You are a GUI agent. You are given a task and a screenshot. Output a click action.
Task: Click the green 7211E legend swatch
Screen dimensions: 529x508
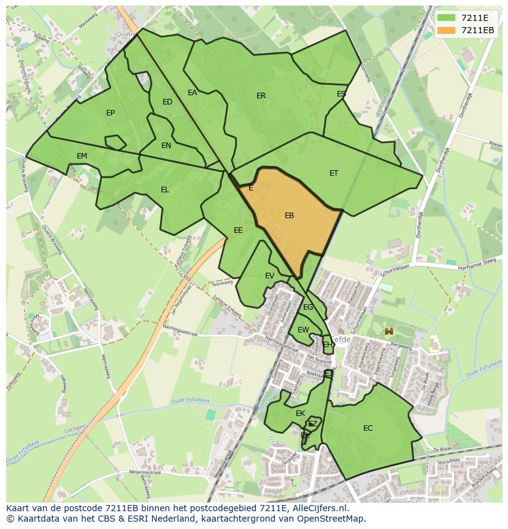[446, 18]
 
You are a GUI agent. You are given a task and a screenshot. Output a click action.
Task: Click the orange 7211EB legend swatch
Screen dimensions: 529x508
[446, 30]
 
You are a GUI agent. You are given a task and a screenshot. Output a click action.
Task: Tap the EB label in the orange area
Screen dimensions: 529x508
[290, 216]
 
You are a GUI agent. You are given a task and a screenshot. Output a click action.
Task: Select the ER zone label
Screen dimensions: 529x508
[261, 96]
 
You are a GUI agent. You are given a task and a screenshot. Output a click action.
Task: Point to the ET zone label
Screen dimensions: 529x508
[334, 173]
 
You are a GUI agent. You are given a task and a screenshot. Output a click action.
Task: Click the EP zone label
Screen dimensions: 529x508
[110, 113]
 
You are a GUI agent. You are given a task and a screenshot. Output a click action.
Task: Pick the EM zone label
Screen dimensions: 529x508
[82, 156]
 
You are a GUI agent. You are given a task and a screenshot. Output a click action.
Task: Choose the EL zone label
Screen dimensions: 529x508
[165, 190]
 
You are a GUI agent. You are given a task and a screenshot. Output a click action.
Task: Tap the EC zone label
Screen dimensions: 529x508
[368, 428]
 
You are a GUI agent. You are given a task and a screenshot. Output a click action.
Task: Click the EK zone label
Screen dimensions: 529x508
[300, 413]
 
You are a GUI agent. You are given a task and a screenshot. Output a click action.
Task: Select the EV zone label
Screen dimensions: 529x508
[269, 276]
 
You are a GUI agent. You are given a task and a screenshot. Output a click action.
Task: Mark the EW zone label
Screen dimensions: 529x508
[303, 330]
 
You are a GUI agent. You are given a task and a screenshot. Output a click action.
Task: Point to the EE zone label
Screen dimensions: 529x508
[238, 230]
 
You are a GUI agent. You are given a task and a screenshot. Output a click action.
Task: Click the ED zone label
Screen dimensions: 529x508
[167, 102]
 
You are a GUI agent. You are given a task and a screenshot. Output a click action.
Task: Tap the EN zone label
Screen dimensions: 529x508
[166, 146]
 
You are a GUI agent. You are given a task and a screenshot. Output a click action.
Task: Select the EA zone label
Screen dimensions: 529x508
[193, 93]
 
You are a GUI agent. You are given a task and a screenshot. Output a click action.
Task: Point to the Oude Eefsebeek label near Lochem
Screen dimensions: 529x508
[191, 401]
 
